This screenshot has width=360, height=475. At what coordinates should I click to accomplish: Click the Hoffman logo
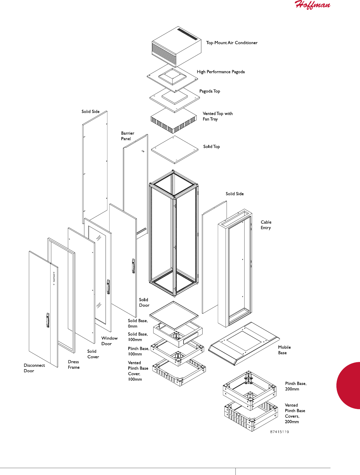[x=312, y=5]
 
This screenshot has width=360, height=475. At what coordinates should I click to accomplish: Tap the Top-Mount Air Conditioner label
[x=231, y=43]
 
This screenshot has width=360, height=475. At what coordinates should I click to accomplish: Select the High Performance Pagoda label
[x=221, y=72]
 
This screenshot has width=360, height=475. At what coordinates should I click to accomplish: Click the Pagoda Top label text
[x=210, y=91]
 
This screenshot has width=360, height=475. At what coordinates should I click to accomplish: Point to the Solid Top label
[x=211, y=147]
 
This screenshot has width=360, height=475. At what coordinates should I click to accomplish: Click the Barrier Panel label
[x=127, y=136]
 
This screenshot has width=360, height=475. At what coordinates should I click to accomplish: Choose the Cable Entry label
[x=266, y=225]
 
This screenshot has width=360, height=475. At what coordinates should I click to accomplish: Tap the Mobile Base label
[x=284, y=350]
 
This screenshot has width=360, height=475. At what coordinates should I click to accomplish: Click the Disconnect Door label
[x=34, y=368]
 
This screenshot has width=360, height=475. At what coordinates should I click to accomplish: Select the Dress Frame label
[x=74, y=365]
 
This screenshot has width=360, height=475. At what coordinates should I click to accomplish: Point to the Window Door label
[x=109, y=341]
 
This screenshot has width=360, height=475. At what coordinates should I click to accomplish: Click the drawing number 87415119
[x=279, y=432]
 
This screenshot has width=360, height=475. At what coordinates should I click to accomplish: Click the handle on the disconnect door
[x=48, y=320]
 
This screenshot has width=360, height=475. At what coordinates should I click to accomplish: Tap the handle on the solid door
[x=133, y=266]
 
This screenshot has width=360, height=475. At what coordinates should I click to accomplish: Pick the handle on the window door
[x=108, y=287]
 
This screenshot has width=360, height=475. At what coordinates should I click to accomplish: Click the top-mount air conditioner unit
[x=176, y=47]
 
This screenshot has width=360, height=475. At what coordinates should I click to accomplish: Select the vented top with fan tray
[x=174, y=121]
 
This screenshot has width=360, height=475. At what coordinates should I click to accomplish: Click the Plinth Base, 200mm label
[x=296, y=386]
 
